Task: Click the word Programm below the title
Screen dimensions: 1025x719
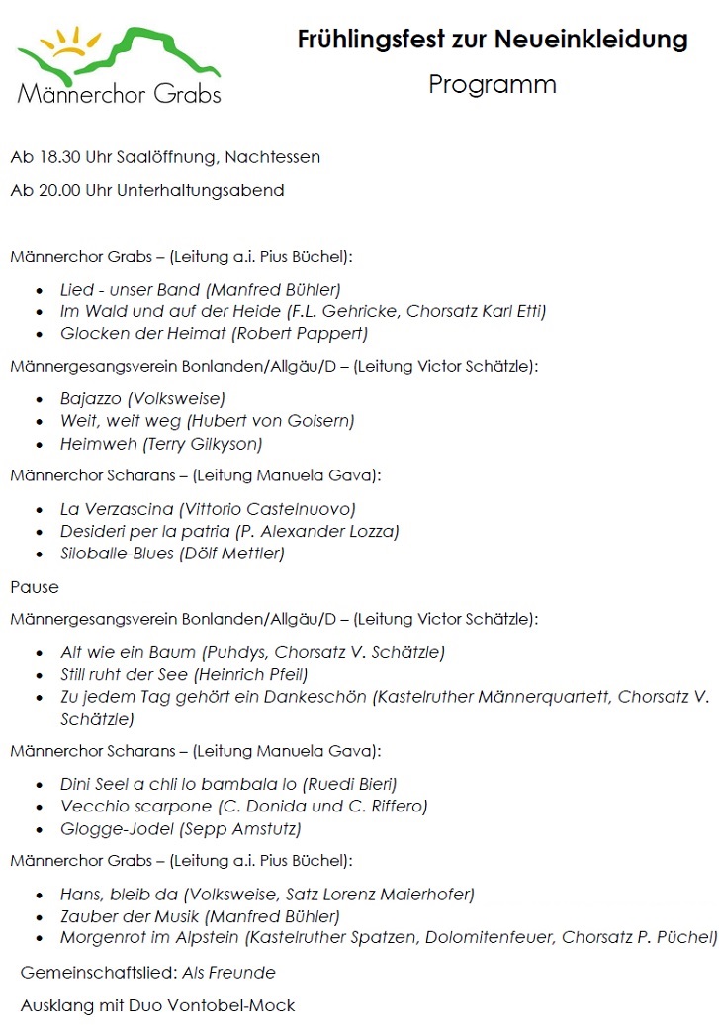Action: (x=493, y=85)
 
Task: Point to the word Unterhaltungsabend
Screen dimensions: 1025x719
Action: (x=200, y=190)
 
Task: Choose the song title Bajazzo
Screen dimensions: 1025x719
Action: (x=91, y=399)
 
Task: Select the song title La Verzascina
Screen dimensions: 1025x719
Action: (x=116, y=510)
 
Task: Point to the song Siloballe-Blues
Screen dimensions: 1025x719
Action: (x=116, y=554)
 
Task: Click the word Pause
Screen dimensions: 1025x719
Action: (x=35, y=587)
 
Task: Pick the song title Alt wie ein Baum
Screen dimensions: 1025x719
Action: (x=128, y=652)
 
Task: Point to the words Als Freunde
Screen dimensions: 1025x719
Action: (x=228, y=973)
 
